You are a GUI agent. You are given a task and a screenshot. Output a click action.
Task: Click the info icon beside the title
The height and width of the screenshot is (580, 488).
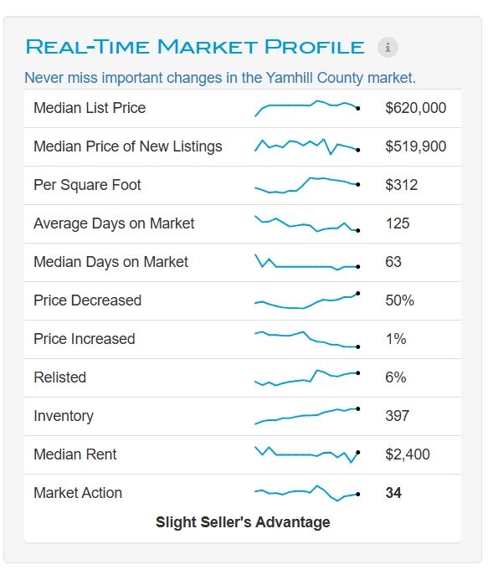coord(388,48)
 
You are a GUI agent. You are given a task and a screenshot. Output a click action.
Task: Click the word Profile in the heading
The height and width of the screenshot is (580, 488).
coord(315,47)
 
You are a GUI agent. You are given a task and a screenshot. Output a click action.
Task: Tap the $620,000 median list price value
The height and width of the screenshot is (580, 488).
coord(415,108)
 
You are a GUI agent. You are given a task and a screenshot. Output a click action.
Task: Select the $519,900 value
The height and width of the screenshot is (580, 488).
coord(415,146)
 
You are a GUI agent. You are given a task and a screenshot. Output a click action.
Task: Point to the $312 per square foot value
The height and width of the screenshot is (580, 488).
coord(402,185)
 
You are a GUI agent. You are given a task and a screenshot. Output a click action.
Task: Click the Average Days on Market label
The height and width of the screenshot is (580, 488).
coord(114,223)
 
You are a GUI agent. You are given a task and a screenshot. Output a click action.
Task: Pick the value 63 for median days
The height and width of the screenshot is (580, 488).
coord(393,262)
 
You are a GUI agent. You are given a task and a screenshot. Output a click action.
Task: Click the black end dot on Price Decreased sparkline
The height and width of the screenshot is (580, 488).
coord(357,294)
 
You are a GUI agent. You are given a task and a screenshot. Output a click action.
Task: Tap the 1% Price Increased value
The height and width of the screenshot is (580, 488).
coord(396,339)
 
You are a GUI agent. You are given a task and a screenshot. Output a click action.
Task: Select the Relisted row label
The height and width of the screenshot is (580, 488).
coord(60,377)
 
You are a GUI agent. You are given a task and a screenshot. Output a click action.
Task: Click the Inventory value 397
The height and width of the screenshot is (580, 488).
coord(398,416)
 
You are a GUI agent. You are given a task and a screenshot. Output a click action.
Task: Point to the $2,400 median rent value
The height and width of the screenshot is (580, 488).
coord(408,454)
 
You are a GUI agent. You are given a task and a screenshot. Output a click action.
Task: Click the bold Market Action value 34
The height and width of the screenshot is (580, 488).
coord(393,493)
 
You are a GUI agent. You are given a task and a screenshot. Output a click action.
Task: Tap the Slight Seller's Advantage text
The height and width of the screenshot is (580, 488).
coord(243,522)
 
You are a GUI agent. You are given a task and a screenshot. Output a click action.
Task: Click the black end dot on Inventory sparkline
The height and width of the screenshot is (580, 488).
coord(357,409)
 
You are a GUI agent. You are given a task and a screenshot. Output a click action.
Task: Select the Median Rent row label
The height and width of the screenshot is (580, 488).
coord(75,454)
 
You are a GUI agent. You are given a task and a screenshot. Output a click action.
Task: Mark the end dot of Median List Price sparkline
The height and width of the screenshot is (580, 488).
coord(357,108)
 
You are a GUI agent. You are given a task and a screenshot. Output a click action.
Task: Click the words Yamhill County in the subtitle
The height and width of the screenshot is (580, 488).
coord(315,78)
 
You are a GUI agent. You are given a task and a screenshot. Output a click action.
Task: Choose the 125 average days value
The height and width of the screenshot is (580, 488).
coord(398,223)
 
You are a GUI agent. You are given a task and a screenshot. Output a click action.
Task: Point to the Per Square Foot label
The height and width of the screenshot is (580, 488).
coord(87,185)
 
